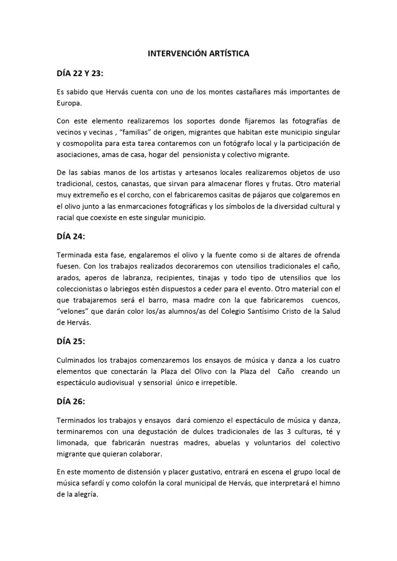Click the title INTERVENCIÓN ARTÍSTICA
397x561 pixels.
199,54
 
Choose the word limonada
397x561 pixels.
74,443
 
